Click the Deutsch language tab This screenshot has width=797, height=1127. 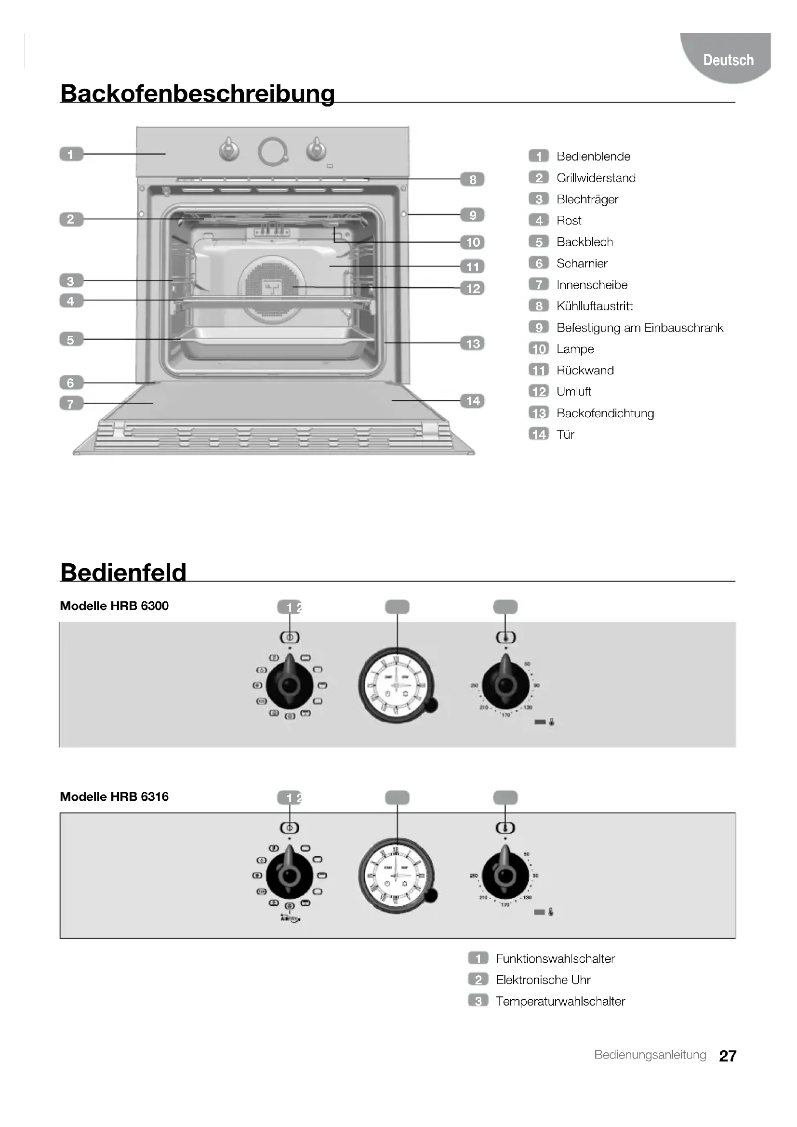tap(728, 60)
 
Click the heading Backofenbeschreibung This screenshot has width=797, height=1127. tap(197, 93)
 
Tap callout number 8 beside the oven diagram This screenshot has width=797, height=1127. tap(472, 180)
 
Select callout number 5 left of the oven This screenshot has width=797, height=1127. tap(71, 340)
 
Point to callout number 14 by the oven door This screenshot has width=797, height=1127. tap(472, 401)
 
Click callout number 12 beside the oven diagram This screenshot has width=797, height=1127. tap(472, 288)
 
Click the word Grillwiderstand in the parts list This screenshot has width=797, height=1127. tap(596, 178)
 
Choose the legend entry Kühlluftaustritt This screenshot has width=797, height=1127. tap(594, 306)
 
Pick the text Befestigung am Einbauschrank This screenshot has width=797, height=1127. tap(639, 328)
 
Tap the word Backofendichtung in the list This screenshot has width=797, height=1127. tap(605, 413)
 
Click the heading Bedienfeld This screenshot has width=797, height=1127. tap(123, 572)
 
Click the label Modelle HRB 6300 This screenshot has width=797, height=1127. tap(114, 606)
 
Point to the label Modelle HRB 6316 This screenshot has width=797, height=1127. tap(114, 796)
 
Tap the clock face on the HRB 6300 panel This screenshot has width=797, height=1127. tap(396, 685)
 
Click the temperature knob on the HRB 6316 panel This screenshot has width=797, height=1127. tap(505, 875)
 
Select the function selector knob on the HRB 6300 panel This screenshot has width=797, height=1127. tap(290, 685)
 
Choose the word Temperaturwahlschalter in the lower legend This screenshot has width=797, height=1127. tap(560, 1001)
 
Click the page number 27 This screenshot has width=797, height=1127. tap(727, 1056)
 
